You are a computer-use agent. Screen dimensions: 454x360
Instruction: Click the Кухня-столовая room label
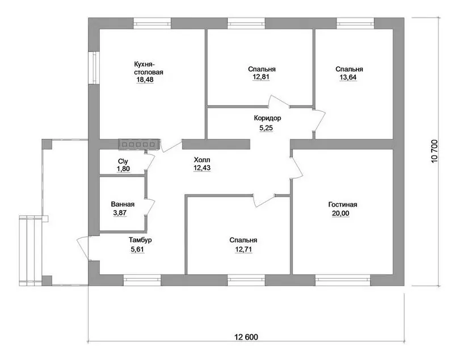149,68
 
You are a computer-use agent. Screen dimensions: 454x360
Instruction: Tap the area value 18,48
145,79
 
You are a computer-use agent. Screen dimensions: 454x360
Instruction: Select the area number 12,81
261,77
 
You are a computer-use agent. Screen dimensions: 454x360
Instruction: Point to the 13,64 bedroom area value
348,77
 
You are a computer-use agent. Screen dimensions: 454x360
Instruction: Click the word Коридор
267,118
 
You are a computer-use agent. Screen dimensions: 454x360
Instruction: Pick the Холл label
202,160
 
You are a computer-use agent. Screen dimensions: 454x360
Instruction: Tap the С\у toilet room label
123,161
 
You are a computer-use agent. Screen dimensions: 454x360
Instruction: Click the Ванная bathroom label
123,204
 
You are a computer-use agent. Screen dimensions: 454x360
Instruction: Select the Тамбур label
140,240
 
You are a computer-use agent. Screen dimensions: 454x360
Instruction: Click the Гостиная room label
343,204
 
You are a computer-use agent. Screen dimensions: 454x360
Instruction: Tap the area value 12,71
244,249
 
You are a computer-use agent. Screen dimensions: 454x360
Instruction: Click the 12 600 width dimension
246,337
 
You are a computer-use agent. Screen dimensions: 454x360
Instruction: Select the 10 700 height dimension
435,152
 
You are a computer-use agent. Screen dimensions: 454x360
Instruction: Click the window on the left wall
94,68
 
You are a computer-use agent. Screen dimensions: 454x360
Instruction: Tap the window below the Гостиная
343,280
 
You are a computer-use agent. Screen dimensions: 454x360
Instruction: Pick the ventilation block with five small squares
138,144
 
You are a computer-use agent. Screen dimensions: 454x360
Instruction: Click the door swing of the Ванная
150,207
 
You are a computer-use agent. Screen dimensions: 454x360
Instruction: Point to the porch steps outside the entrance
31,249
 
